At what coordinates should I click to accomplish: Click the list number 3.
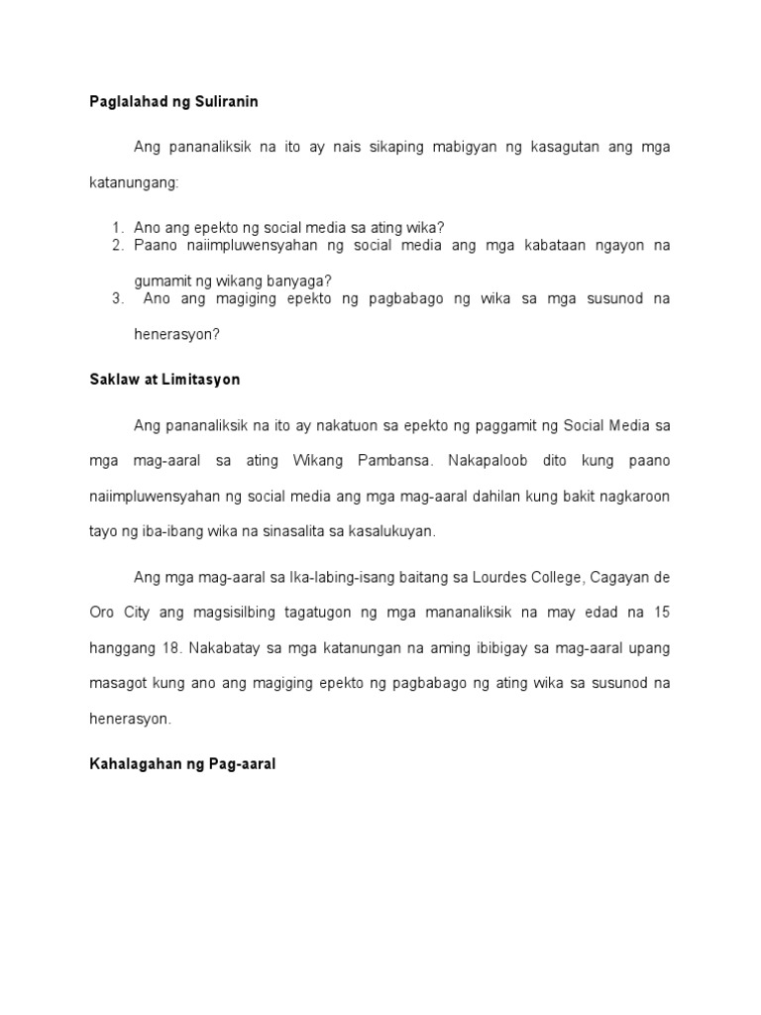116,298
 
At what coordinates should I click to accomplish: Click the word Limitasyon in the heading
204,380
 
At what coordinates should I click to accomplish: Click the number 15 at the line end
662,613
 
